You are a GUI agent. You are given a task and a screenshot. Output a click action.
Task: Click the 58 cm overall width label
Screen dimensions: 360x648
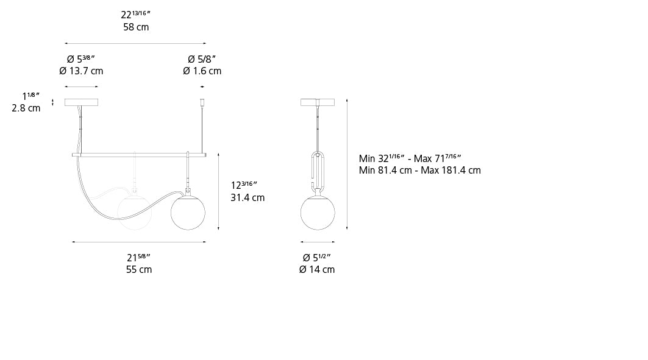coord(135,27)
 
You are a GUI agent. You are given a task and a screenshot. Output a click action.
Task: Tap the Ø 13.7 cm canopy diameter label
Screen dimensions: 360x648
coord(81,71)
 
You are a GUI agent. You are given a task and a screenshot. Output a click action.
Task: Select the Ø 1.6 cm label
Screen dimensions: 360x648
coord(202,71)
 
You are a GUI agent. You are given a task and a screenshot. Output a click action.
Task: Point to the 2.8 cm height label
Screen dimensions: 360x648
coord(26,108)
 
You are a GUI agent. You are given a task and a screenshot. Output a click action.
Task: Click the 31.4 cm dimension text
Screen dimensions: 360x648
coord(247,197)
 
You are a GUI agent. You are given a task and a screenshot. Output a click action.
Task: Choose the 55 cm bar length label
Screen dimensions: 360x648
coord(139,269)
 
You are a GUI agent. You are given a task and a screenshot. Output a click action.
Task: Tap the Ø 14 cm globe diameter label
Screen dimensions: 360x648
coord(317,269)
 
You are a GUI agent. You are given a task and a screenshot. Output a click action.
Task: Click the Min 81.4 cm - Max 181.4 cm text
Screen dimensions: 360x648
coord(419,171)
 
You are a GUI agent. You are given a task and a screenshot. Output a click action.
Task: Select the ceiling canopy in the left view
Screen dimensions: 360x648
coord(81,102)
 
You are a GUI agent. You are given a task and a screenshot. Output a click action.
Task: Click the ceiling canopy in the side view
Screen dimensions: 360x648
coord(318,102)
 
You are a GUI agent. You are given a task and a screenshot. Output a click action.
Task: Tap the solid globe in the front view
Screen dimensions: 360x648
coord(188,211)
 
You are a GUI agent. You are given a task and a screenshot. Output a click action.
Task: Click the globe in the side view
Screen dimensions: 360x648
coord(318,213)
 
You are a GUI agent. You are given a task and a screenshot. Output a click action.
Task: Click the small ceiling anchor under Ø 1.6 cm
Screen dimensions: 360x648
coord(202,103)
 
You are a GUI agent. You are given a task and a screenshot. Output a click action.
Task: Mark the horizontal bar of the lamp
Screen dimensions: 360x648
coord(139,155)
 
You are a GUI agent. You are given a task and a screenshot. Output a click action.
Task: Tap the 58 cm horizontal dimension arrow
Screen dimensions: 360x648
coord(135,43)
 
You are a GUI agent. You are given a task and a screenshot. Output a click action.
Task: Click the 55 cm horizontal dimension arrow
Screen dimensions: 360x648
coord(139,242)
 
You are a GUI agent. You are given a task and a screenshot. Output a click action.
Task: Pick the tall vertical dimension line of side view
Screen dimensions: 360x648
coord(347,163)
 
